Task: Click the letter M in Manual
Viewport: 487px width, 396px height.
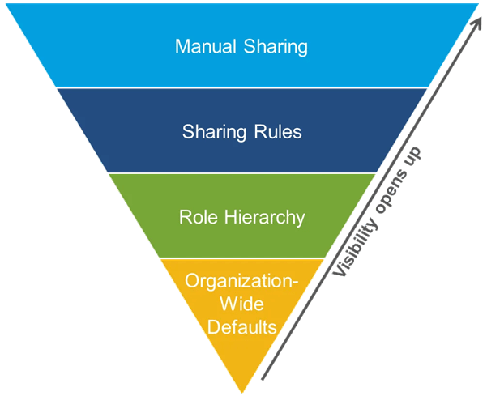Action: coord(182,46)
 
